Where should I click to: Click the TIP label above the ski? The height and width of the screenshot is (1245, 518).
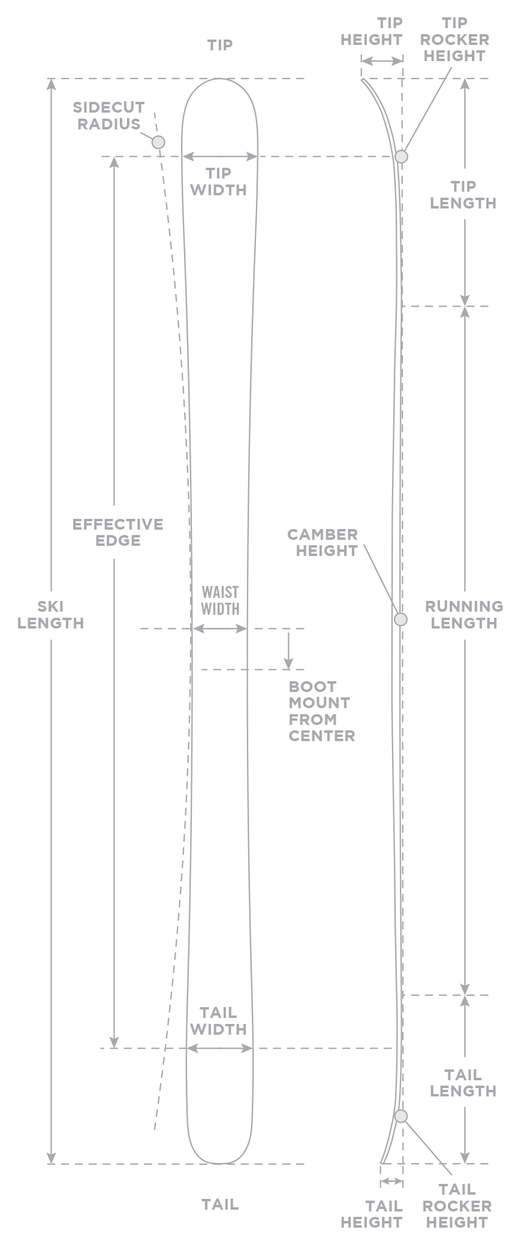219,45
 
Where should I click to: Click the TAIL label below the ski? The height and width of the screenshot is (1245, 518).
219,1204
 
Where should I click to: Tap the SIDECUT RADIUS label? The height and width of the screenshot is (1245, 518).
109,116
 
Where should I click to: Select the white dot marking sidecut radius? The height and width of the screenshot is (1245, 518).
158,142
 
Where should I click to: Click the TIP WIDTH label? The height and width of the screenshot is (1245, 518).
218,182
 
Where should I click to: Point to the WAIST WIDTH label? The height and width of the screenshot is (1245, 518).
220,600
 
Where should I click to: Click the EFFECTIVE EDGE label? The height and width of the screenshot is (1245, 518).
118,532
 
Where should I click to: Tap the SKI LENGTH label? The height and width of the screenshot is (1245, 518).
52,615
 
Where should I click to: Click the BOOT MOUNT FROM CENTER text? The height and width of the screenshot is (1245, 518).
321,711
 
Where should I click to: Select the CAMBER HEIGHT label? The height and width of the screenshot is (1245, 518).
323,542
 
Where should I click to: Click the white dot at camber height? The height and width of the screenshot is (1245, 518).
400,619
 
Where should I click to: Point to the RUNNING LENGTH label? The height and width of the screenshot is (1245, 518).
463,615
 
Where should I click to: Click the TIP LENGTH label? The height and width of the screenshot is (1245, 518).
463,195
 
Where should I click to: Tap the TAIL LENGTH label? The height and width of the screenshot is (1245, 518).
463,1083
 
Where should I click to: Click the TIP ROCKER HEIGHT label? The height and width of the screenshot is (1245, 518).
454,40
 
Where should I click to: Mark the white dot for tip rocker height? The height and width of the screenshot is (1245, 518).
401,156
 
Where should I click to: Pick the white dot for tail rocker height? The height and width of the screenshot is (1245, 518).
400,1116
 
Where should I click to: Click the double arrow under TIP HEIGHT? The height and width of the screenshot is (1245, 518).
382,61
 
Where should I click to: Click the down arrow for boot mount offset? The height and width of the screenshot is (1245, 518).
288,650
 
